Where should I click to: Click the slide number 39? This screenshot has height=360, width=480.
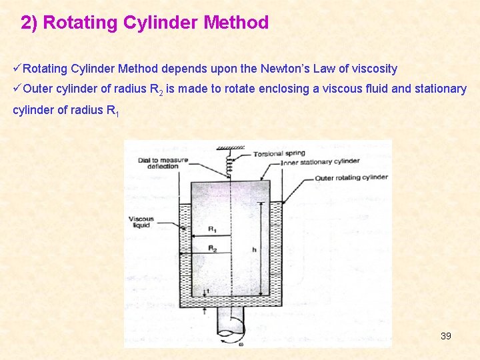446,335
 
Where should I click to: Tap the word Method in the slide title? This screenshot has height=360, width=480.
236,23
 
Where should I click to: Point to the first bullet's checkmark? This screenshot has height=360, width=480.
17,69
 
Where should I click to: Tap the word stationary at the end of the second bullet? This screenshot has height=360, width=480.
441,89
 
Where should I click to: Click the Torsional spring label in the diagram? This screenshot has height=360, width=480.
279,154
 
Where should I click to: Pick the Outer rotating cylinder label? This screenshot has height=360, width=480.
351,177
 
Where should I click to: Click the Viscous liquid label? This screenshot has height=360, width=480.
141,222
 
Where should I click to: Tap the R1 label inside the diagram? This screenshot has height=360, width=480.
212,229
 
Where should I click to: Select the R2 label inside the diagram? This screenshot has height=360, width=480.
212,248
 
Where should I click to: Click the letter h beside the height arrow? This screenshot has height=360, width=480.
254,250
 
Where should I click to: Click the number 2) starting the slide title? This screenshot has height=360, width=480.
29,23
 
